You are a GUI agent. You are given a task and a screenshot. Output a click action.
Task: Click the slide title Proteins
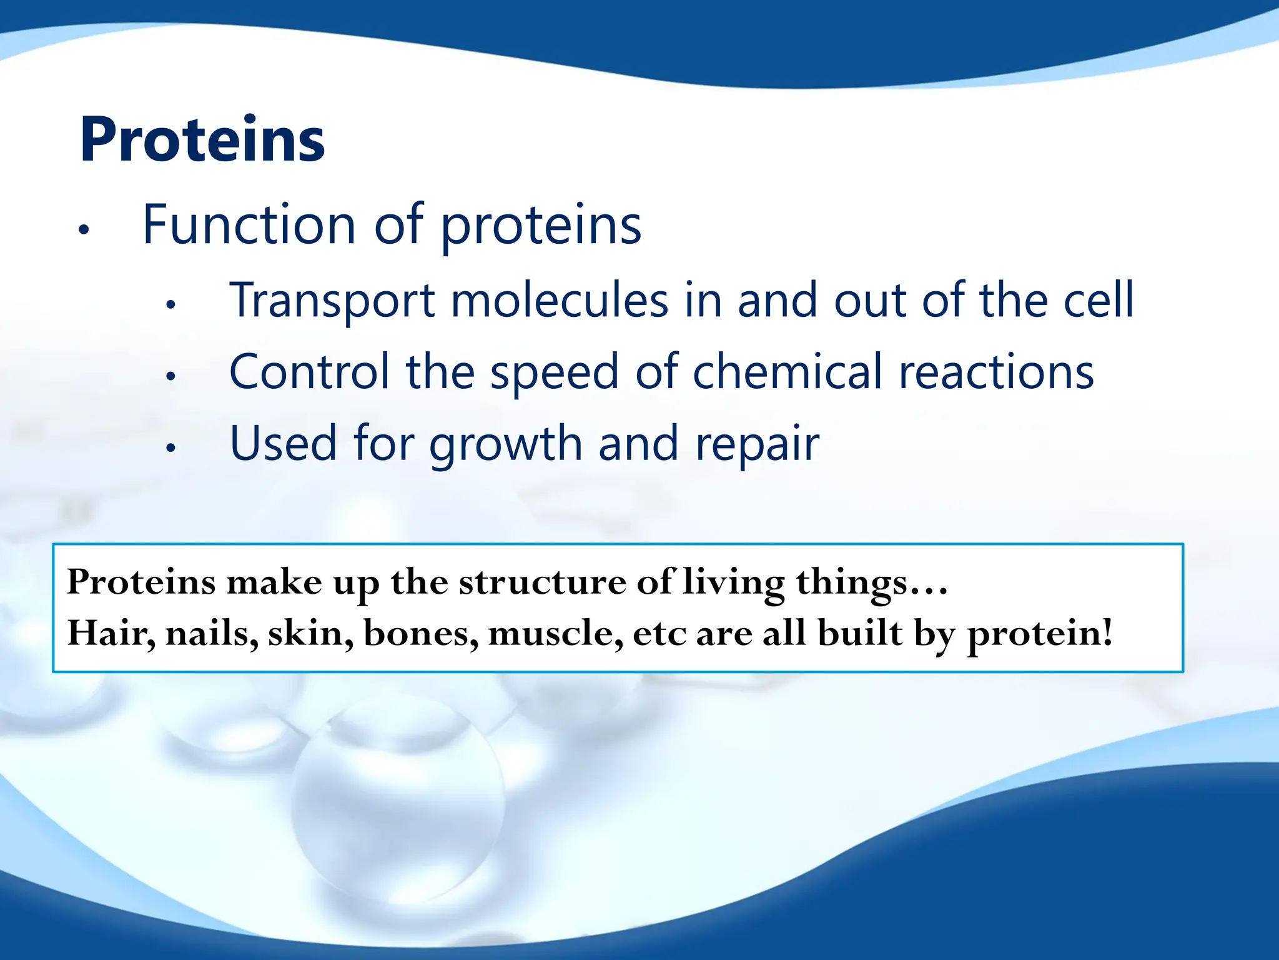[202, 140]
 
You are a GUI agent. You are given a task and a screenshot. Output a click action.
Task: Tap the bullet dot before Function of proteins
[84, 230]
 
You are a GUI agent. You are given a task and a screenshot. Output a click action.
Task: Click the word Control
[309, 372]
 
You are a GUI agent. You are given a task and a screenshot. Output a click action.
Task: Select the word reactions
[996, 372]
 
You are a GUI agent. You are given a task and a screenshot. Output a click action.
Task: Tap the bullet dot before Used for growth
[170, 447]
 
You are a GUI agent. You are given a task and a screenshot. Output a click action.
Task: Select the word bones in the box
[420, 634]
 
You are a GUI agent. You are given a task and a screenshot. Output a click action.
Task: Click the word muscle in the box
[555, 634]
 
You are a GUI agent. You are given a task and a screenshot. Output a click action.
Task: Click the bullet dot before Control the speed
[170, 376]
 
